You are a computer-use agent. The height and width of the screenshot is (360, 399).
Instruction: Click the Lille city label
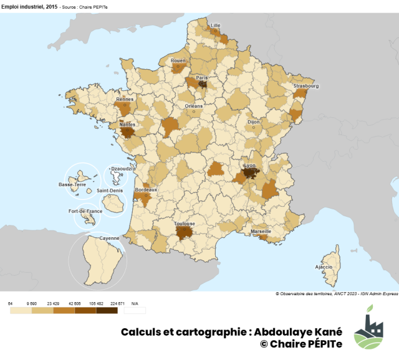click(x=216, y=26)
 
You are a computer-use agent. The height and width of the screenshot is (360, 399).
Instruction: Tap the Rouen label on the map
click(x=178, y=60)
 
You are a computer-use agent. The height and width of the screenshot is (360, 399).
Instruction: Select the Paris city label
click(x=202, y=78)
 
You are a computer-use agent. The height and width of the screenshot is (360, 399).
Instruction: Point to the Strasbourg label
click(x=306, y=86)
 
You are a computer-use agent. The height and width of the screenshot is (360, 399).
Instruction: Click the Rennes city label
click(x=125, y=98)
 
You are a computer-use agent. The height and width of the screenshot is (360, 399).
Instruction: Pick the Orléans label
click(x=194, y=106)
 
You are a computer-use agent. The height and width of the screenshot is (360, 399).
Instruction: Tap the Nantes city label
click(x=127, y=124)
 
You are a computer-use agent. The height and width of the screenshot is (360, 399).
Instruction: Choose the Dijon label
click(x=254, y=122)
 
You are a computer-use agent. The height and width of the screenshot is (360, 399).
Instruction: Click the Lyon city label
click(x=250, y=165)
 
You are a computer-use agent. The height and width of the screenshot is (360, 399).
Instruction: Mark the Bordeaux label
click(x=146, y=189)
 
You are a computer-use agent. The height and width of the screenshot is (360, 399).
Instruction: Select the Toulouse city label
click(x=185, y=224)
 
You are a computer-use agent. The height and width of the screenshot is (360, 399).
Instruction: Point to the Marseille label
click(x=261, y=231)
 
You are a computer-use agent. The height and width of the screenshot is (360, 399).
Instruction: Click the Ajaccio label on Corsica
click(x=324, y=267)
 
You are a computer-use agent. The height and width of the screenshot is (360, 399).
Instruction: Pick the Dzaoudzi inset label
click(x=119, y=168)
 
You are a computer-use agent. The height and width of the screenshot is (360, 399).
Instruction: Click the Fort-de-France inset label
click(x=85, y=211)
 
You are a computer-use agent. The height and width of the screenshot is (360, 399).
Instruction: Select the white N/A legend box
click(x=135, y=310)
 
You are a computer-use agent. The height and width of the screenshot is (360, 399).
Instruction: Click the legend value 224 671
click(x=118, y=303)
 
